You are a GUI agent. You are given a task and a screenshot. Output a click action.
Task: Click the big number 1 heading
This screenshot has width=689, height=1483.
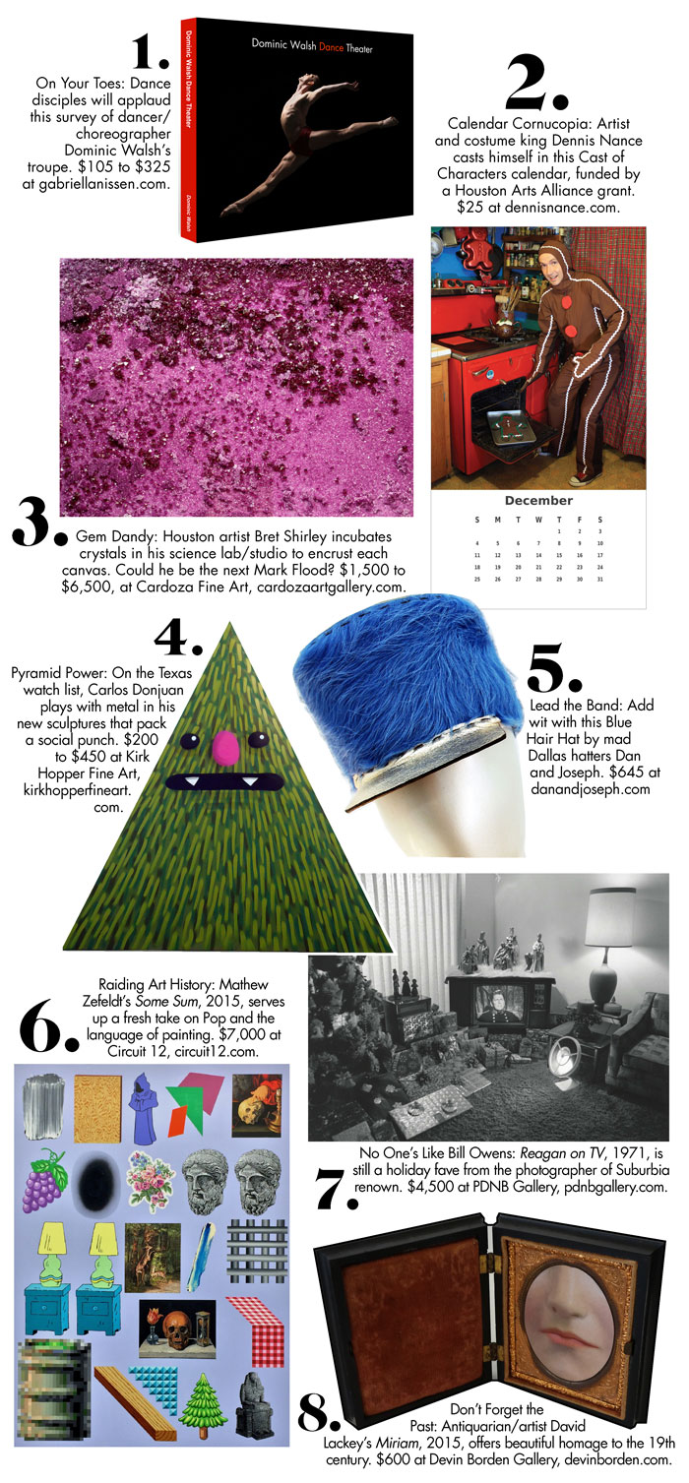tap(149, 53)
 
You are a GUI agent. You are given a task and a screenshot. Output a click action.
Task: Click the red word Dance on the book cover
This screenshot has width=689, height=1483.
tap(332, 47)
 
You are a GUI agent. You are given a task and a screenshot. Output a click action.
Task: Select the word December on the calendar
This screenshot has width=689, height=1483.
tap(538, 501)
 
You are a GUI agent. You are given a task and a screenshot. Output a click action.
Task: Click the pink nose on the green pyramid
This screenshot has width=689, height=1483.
tap(226, 746)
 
